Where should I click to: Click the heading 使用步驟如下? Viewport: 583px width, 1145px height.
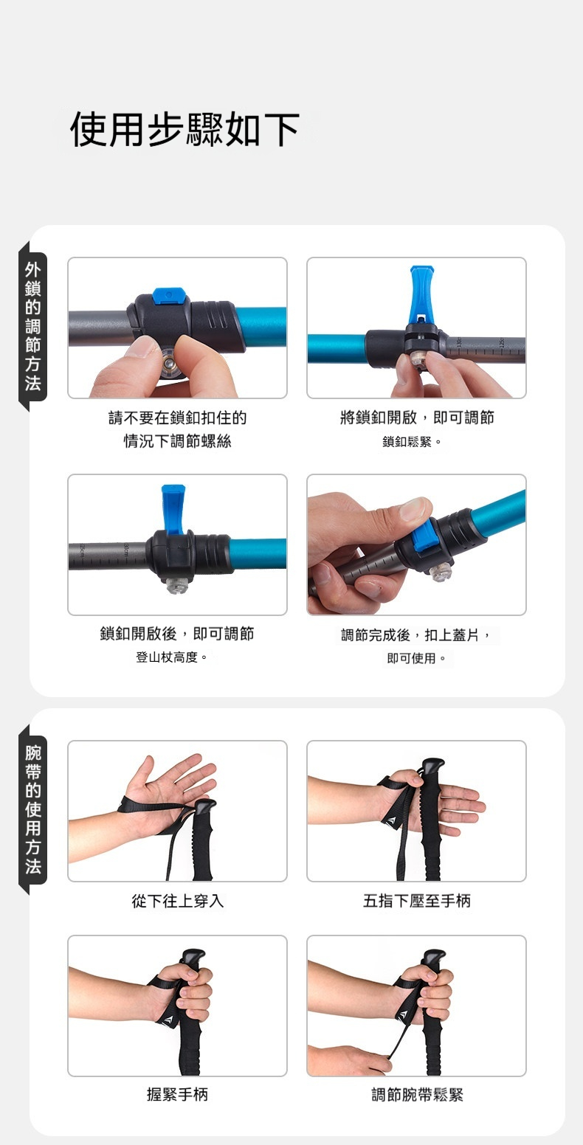click(x=184, y=129)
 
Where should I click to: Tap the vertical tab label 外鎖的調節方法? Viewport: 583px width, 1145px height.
click(x=32, y=326)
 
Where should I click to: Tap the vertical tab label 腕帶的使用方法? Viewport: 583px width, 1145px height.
click(x=32, y=809)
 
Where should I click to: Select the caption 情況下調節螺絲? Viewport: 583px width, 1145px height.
click(x=177, y=440)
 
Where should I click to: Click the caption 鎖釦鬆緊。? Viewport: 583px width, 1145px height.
click(x=412, y=441)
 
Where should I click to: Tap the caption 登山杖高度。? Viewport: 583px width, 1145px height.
click(x=171, y=657)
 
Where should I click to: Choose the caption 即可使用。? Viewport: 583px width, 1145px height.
click(x=416, y=658)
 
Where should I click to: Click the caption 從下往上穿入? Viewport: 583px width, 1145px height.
click(x=177, y=900)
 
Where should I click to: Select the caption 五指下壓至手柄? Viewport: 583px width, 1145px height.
click(x=416, y=900)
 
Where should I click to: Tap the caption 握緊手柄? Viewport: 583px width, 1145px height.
click(x=177, y=1094)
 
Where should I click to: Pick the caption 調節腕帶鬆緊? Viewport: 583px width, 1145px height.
click(x=417, y=1094)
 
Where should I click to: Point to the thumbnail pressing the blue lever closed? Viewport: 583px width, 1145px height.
click(x=415, y=508)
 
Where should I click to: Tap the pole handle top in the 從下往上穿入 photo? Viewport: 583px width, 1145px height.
click(x=204, y=806)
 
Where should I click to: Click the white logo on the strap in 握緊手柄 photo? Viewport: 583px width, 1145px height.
click(x=170, y=1020)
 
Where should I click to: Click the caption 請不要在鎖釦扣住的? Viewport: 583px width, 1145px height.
click(x=177, y=418)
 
